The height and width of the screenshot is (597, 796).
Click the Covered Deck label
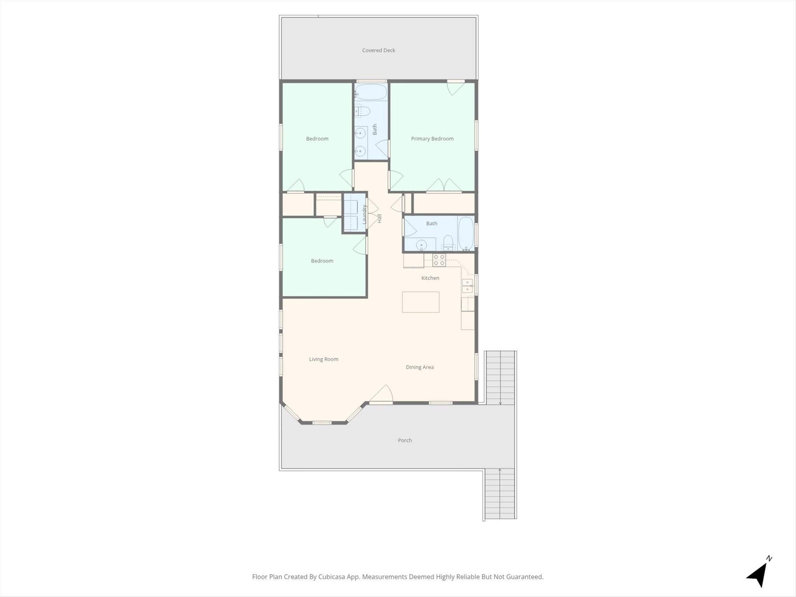[x=379, y=50]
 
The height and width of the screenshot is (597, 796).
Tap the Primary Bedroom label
[x=432, y=139]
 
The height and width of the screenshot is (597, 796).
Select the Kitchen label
[x=430, y=278]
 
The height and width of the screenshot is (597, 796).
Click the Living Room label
[x=324, y=359]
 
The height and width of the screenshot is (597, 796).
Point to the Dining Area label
[x=420, y=367]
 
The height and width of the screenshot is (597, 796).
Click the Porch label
[x=405, y=440]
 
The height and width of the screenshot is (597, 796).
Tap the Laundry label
[x=365, y=214]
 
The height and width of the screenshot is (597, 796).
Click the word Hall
[x=379, y=218]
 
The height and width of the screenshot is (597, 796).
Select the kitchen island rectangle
[x=421, y=302]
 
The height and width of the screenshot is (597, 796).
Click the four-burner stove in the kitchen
[x=439, y=260]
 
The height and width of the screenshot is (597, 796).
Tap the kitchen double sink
[x=467, y=286]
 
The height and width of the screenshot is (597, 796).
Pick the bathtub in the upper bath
[x=371, y=93]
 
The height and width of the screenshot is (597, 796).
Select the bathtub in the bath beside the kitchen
[x=466, y=233]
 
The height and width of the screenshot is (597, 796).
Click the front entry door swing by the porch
[x=382, y=393]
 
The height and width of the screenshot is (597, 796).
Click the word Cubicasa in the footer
[x=333, y=577]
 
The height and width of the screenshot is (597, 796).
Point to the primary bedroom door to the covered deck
[x=456, y=87]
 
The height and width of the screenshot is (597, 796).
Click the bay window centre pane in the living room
[x=322, y=422]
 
